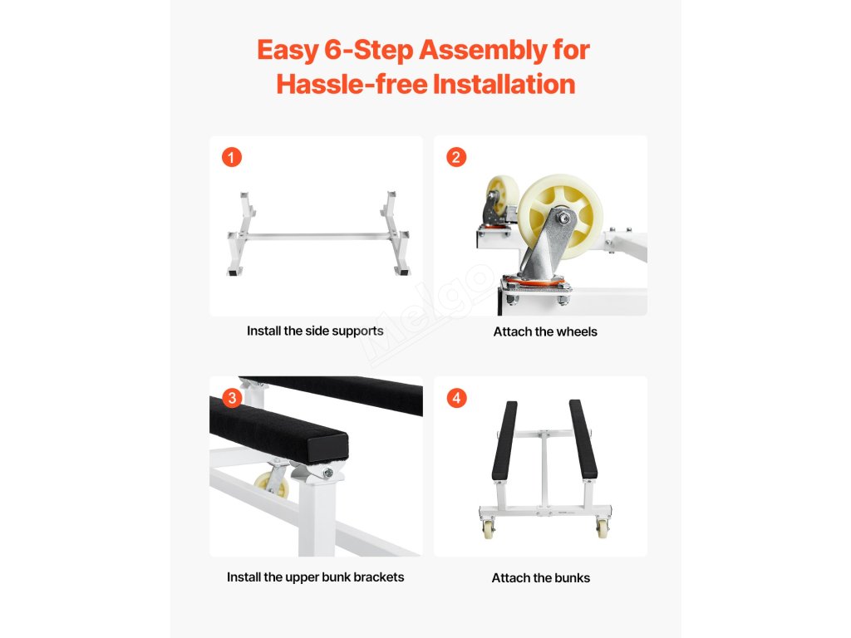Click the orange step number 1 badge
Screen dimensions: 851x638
pos(232,157)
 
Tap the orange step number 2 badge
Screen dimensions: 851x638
pos(456,157)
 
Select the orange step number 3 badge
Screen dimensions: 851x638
pos(233,398)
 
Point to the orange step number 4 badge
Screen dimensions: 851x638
pos(456,398)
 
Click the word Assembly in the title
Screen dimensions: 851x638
pos(483,51)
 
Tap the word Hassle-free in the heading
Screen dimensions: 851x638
pos(352,84)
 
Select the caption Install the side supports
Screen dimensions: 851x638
pos(315,331)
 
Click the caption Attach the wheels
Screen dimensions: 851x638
pos(545,331)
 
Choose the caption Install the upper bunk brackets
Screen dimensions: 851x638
pos(315,577)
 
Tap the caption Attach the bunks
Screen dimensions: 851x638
pos(540,578)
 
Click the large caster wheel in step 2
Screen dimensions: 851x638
pos(560,216)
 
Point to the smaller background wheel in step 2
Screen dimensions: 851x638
pos(501,198)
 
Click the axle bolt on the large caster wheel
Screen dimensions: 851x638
pos(564,218)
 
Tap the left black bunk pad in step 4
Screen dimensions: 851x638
pos(504,440)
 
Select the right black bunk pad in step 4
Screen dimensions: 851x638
pos(583,439)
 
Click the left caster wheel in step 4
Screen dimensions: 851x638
pos(489,528)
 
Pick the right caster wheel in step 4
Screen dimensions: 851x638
pos(603,528)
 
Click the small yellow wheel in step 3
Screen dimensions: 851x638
pos(272,484)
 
